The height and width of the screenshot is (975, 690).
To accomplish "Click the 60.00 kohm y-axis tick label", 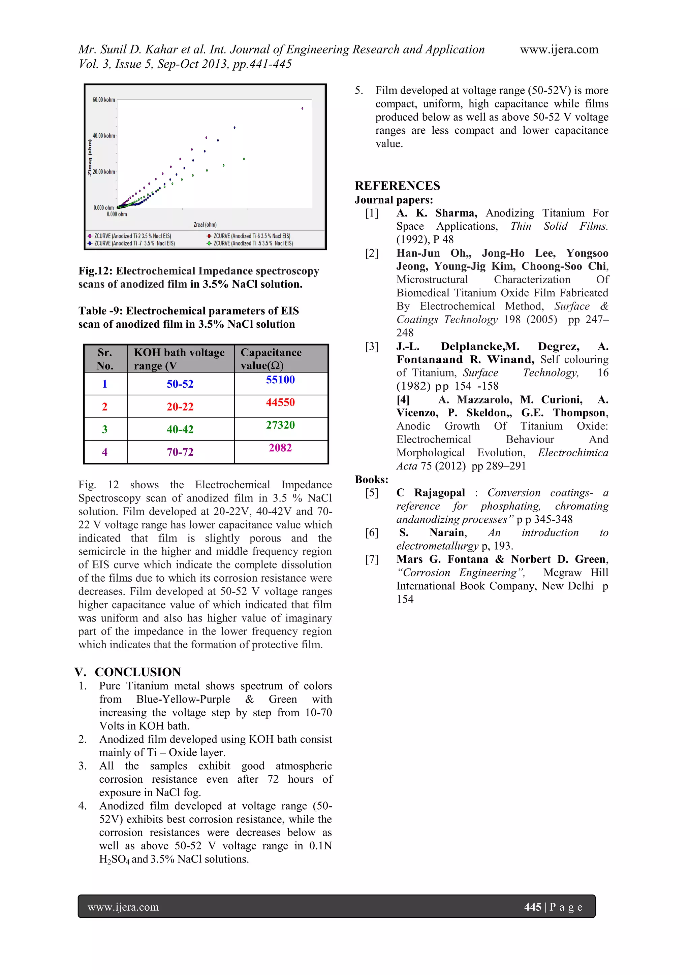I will pyautogui.click(x=104, y=100).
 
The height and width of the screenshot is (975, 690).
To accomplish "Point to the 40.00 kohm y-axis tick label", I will pyautogui.click(x=104, y=136).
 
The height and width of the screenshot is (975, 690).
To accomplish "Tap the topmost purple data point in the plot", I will pyautogui.click(x=302, y=109).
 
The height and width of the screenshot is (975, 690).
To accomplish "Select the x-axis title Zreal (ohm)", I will pyautogui.click(x=205, y=225).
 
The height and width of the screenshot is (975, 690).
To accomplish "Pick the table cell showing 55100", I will pyautogui.click(x=280, y=380).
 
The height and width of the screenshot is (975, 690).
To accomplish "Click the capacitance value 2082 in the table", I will pyautogui.click(x=280, y=448).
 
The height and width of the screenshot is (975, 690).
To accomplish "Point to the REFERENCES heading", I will pyautogui.click(x=397, y=186).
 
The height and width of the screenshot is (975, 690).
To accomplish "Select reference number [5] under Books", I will pyautogui.click(x=371, y=493).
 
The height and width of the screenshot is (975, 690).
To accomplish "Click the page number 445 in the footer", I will pyautogui.click(x=532, y=907).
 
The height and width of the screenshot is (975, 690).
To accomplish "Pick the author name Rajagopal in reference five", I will pyautogui.click(x=439, y=493).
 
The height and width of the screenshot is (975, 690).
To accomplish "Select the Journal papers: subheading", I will pyautogui.click(x=394, y=200).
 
